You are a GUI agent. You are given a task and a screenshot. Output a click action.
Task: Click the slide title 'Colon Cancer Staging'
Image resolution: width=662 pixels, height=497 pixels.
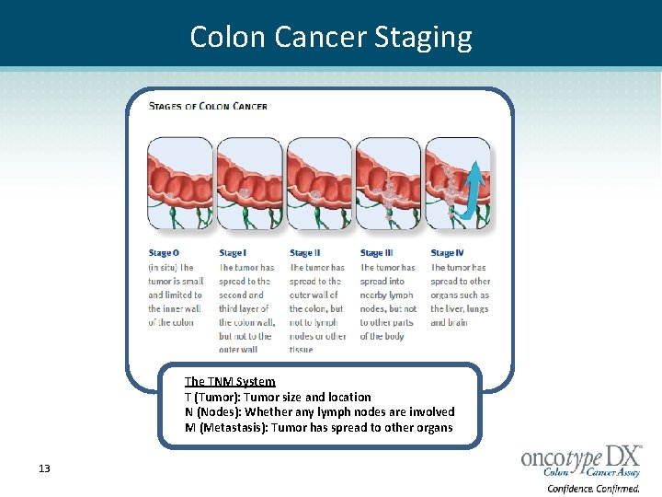click(331, 37)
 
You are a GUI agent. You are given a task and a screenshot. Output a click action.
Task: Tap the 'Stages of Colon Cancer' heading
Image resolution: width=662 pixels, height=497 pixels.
click(208, 106)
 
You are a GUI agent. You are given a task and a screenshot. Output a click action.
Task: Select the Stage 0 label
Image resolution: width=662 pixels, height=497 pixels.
click(164, 253)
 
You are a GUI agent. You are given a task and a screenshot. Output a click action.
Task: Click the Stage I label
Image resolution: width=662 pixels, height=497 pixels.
click(232, 253)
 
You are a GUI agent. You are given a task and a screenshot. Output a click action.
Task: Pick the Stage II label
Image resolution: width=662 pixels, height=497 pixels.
click(304, 253)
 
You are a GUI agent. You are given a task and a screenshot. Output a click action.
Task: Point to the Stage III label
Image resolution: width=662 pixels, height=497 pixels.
click(377, 253)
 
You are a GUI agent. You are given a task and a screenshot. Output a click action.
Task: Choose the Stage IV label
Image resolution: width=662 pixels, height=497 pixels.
click(448, 253)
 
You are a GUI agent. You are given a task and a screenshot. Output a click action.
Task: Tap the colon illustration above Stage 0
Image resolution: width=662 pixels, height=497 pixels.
click(179, 184)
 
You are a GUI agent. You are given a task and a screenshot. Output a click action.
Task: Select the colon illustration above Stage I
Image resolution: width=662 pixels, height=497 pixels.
click(249, 184)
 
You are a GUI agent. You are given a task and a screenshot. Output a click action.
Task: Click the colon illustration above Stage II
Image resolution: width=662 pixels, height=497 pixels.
click(319, 184)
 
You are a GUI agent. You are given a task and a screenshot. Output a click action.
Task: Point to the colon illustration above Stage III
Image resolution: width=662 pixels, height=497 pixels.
click(388, 184)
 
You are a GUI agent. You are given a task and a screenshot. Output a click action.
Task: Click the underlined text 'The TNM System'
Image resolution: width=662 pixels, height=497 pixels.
click(230, 381)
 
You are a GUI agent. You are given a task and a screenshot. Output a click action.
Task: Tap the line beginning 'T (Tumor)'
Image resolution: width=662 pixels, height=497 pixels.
click(278, 397)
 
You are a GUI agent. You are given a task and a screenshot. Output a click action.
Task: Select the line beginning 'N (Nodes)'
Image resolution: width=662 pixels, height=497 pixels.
click(319, 412)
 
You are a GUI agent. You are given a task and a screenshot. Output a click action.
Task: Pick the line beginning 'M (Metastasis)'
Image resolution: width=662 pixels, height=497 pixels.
click(318, 427)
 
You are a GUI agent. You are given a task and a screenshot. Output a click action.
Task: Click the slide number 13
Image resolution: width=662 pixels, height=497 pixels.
click(44, 468)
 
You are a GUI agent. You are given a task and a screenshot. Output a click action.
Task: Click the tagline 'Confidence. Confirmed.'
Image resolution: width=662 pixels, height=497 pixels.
click(593, 489)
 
